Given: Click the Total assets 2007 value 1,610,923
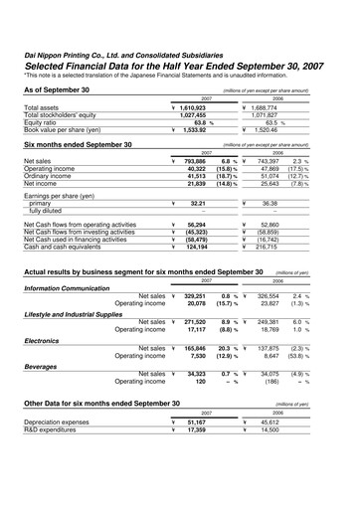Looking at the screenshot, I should point(200,107).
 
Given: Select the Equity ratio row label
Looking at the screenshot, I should point(44,121).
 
